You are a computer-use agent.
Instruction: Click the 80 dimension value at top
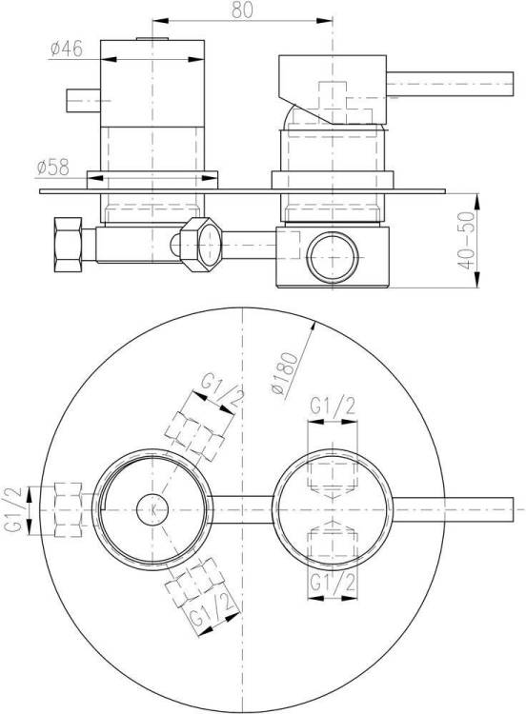coord(242,10)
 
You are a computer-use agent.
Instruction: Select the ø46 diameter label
coord(67,49)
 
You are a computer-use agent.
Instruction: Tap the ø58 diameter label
coord(52,168)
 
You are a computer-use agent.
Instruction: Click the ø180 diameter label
coord(284,373)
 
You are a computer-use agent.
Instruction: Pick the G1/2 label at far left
coord(13,509)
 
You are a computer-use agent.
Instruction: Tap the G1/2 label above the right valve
coord(333,406)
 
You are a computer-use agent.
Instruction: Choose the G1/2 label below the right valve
coord(333,583)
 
